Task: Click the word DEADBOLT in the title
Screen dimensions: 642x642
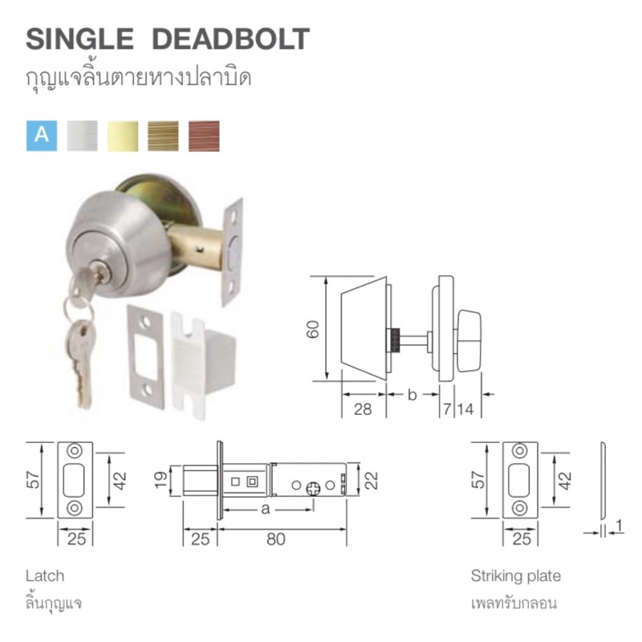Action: pos(230,39)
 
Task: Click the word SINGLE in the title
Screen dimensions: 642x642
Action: pos(79,39)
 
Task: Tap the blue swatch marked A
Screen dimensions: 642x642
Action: pos(42,136)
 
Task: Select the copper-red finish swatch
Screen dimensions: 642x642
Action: pos(204,136)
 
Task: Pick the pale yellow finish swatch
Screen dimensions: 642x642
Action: pos(123,136)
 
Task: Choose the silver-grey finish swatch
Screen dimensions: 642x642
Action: pos(83,136)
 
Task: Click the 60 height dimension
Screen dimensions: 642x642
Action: pos(313,329)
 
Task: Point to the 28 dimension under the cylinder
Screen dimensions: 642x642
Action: pos(363,409)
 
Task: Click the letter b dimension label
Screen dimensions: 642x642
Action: pos(412,395)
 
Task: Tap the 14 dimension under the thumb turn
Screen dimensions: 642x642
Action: pos(465,409)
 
